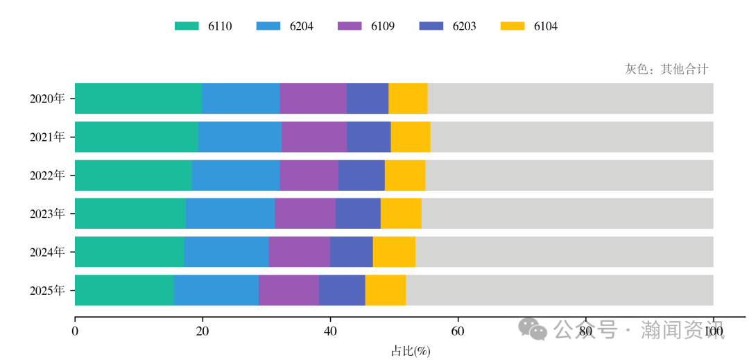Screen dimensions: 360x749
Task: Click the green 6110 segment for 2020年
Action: pyautogui.click(x=138, y=98)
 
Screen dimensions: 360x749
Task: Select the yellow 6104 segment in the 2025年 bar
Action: pyautogui.click(x=386, y=290)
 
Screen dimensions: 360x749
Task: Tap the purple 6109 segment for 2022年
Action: pyautogui.click(x=309, y=175)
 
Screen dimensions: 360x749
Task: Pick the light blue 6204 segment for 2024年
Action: pyautogui.click(x=226, y=251)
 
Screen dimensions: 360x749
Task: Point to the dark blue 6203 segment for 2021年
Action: pyautogui.click(x=368, y=137)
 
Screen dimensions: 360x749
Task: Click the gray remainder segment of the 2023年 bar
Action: pyautogui.click(x=567, y=213)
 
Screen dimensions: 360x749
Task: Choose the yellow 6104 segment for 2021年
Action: pyautogui.click(x=411, y=137)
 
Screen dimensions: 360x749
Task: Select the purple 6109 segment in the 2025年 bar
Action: pyautogui.click(x=289, y=290)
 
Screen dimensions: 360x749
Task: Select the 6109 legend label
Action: pyautogui.click(x=382, y=26)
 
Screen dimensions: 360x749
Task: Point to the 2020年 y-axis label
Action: pyautogui.click(x=47, y=98)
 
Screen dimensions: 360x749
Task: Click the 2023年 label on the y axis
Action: pyautogui.click(x=47, y=214)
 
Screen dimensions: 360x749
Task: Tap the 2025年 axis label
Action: pyautogui.click(x=47, y=291)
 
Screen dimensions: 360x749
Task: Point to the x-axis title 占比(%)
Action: pyautogui.click(x=411, y=351)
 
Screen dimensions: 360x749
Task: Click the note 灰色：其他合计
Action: pyautogui.click(x=666, y=69)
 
